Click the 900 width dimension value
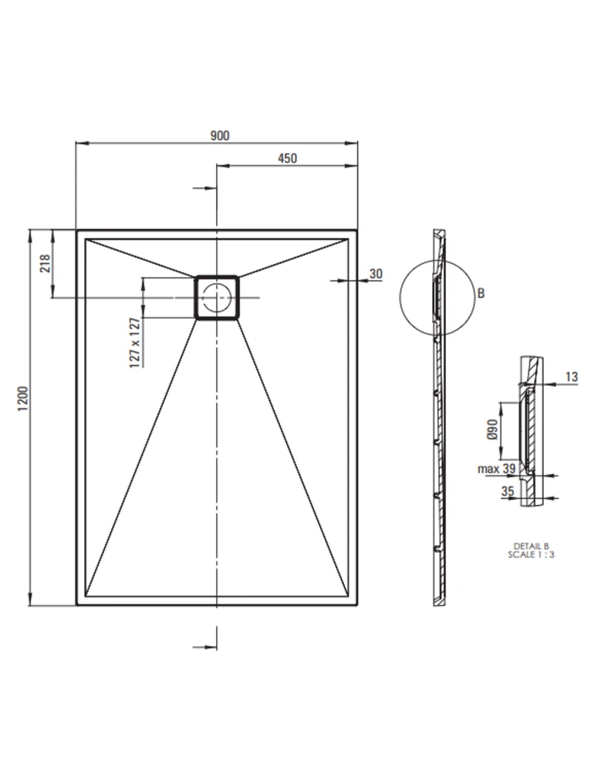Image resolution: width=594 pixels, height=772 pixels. click(x=220, y=135)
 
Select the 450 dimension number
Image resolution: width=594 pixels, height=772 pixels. click(x=288, y=158)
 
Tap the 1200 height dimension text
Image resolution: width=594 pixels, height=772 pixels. click(x=23, y=399)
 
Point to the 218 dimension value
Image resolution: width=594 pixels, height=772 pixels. click(x=46, y=263)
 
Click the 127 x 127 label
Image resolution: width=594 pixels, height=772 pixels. click(x=134, y=344)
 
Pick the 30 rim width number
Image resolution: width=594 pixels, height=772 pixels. click(x=376, y=274)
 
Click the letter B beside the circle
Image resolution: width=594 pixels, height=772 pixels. click(x=481, y=293)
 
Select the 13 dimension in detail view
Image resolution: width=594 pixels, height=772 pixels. click(x=572, y=378)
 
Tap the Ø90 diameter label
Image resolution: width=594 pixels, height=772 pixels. click(x=492, y=429)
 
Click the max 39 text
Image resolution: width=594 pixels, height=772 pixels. click(x=497, y=469)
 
